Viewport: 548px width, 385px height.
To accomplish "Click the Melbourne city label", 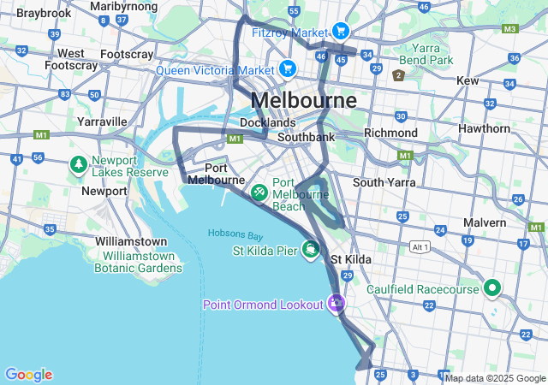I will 303,100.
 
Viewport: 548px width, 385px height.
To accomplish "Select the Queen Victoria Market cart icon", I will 287,68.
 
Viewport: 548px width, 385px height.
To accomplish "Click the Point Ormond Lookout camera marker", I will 337,304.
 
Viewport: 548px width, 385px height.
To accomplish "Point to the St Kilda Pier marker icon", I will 310,251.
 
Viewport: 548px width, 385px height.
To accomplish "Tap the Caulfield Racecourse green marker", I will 491,289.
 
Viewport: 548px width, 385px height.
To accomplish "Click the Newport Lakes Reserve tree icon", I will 78,163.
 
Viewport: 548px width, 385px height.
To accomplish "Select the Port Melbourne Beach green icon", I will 259,193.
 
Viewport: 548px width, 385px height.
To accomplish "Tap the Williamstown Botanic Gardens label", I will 142,262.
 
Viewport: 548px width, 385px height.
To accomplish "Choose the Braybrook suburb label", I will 44,14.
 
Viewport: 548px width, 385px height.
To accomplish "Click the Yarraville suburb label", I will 102,121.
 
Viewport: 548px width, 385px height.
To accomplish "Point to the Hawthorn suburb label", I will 484,128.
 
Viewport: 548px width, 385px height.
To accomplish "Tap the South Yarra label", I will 384,182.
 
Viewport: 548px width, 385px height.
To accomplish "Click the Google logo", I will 28,375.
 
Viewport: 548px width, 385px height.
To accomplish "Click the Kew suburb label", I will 468,80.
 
